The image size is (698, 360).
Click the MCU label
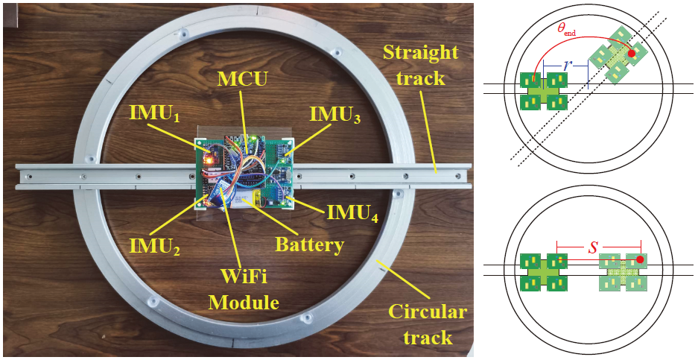(x=242, y=78)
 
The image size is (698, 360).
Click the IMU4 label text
(x=351, y=215)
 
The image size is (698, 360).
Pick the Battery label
(x=309, y=244)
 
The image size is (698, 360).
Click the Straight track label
(x=420, y=66)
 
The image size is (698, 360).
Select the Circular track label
(x=428, y=324)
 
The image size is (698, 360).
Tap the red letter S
(x=594, y=245)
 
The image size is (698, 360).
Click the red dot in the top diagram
(x=632, y=53)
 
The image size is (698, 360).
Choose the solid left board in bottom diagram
(x=544, y=272)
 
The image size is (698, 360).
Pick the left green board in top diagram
(x=544, y=91)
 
